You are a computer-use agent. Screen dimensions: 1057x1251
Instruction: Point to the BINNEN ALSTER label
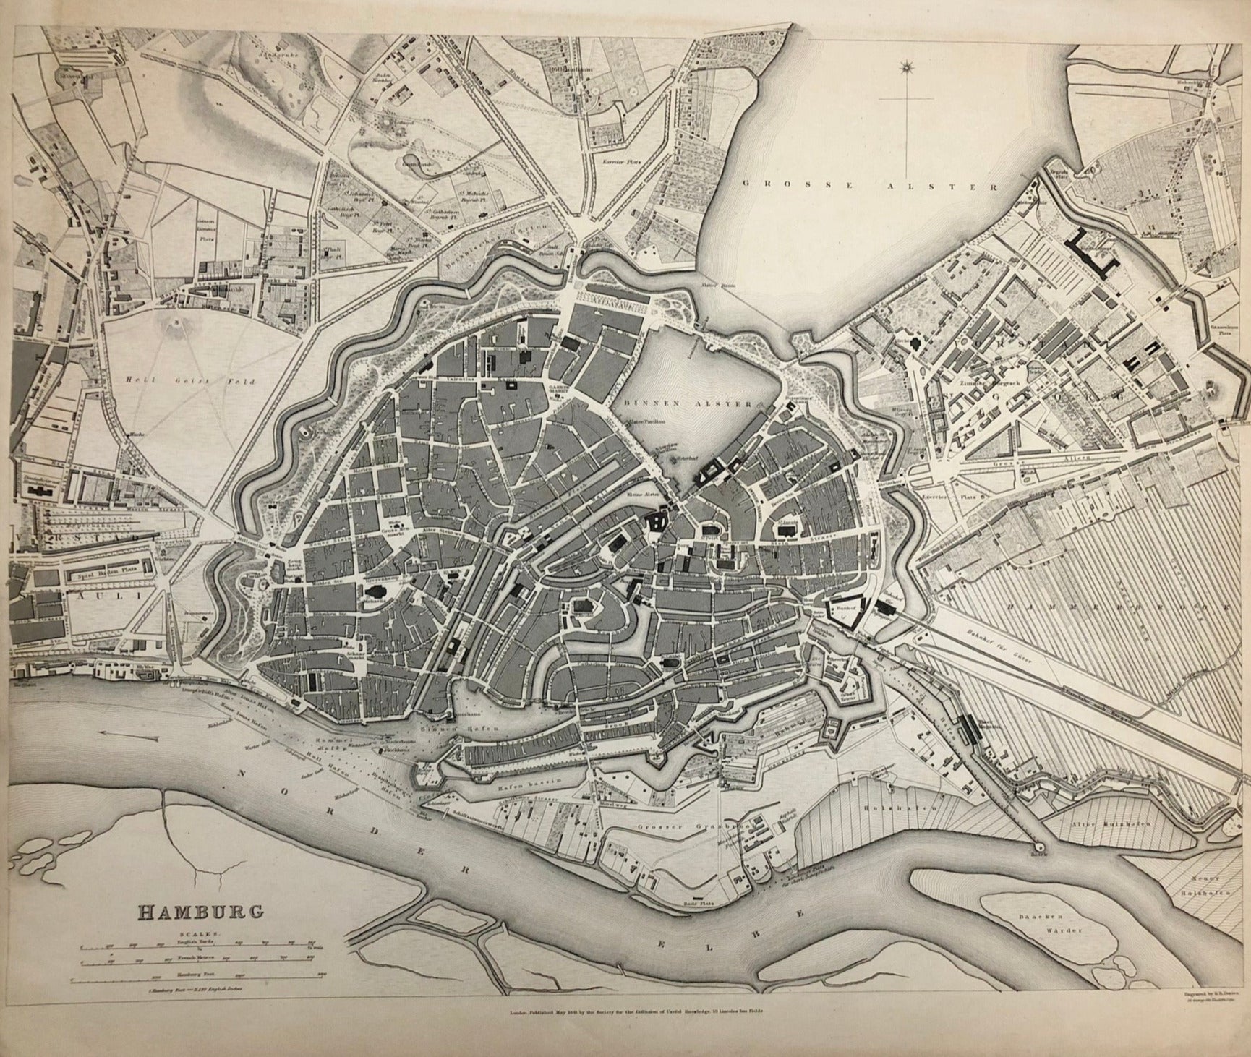pos(686,405)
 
